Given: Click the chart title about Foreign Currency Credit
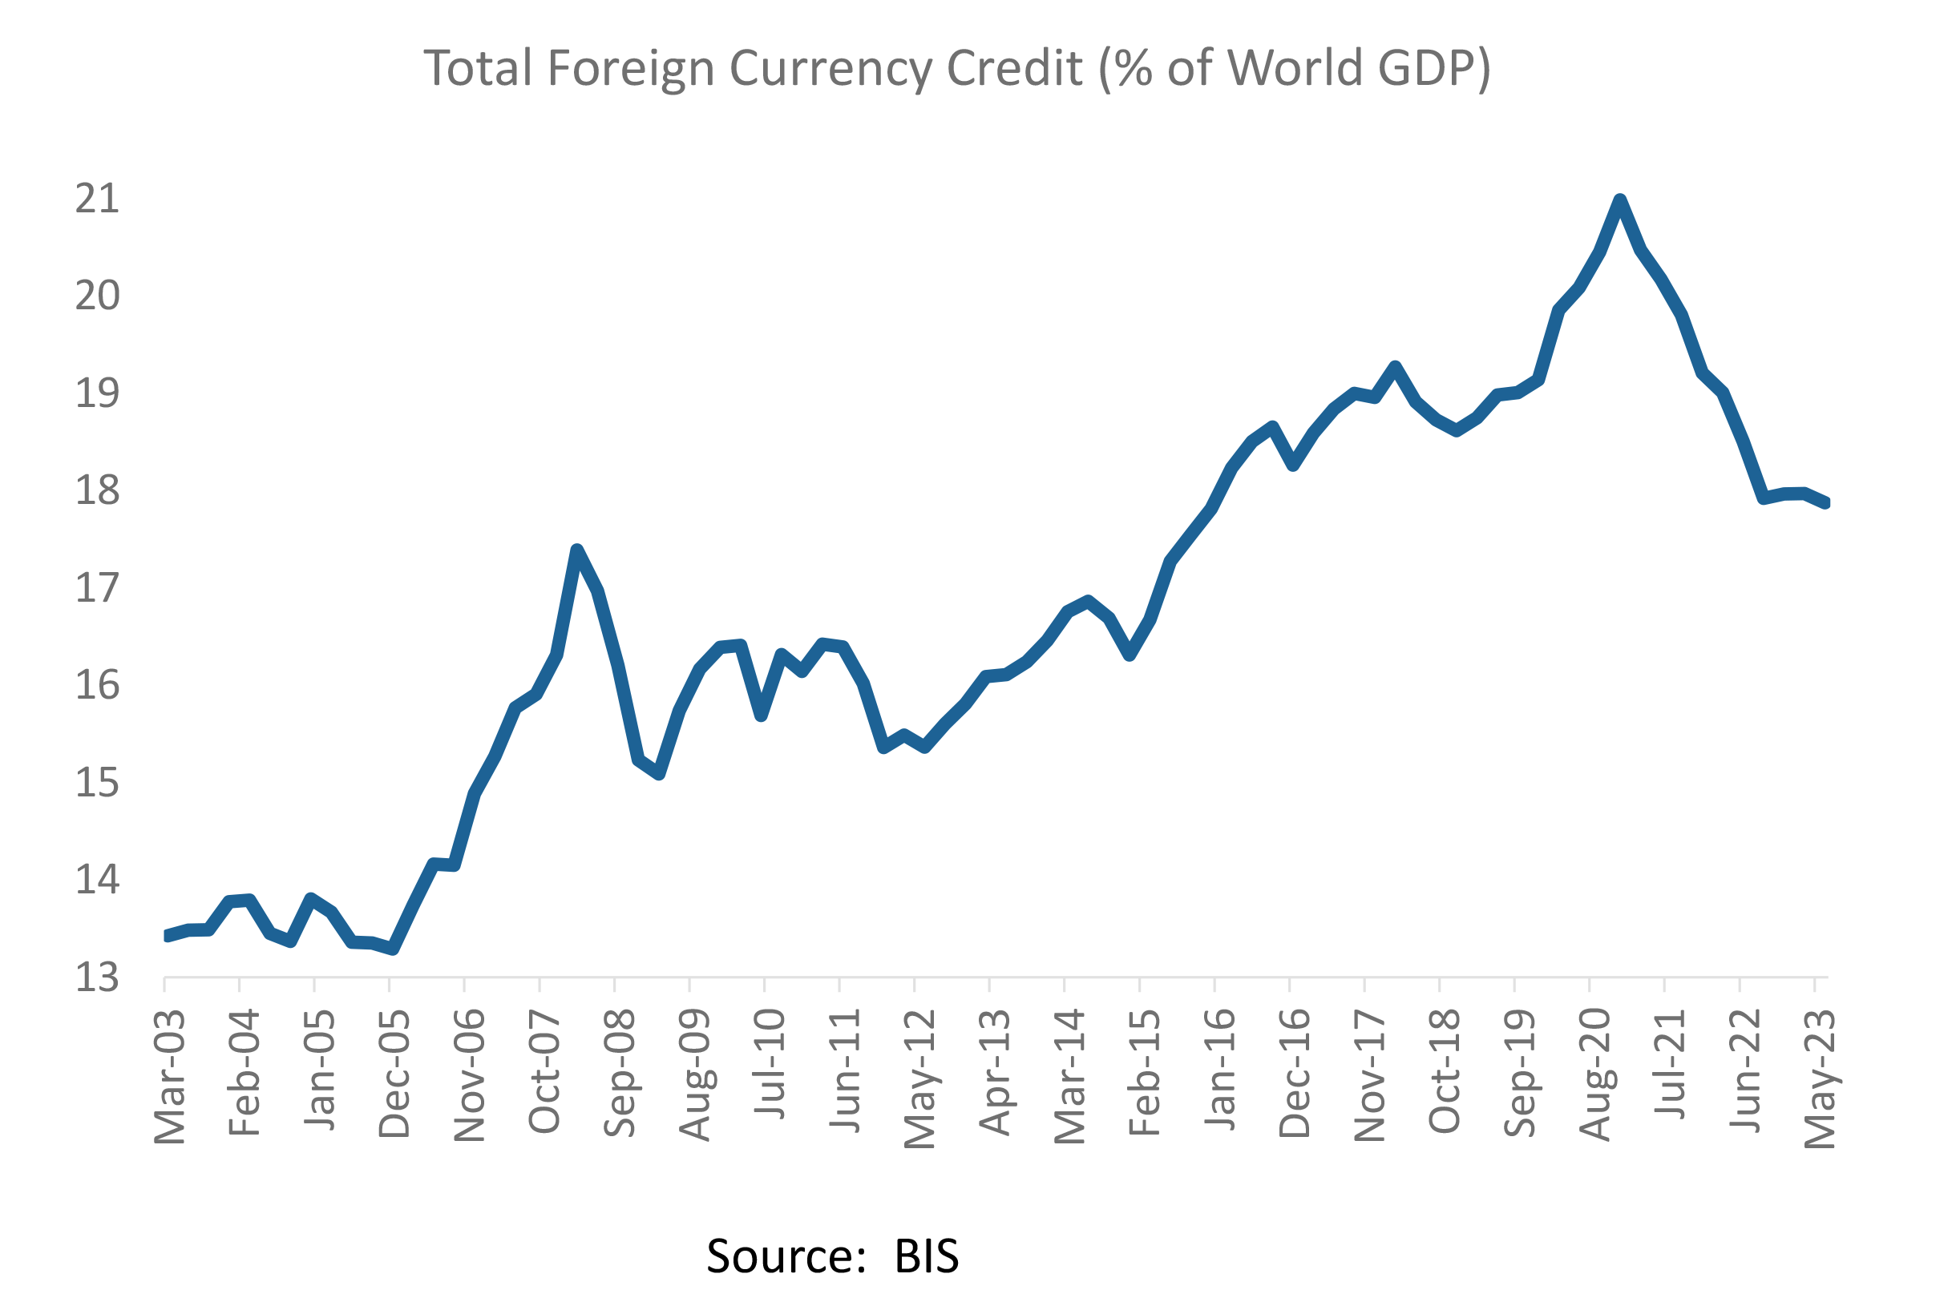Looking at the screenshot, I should (x=957, y=68).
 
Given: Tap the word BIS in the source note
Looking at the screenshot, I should (x=926, y=1256).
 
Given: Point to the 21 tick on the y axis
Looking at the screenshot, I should (x=97, y=200).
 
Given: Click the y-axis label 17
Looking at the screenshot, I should (x=97, y=589).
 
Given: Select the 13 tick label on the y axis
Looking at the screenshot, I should (x=97, y=978).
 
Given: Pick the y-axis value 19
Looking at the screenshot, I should (x=97, y=393).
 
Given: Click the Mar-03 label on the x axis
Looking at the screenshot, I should (x=170, y=1077).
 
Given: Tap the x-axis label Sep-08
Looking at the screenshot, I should (x=620, y=1073).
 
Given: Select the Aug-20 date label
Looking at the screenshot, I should (x=1594, y=1075).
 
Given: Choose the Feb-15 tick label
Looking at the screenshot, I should (x=1145, y=1073).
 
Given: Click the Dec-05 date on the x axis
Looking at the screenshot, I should (x=394, y=1074).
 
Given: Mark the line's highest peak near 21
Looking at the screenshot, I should (x=1620, y=200).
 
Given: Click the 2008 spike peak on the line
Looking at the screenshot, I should (x=577, y=550).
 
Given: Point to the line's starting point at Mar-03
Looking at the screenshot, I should (x=168, y=936).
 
